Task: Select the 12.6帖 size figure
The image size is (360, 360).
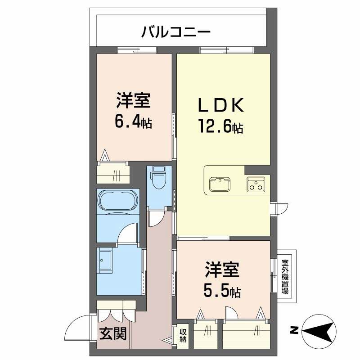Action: [221, 127]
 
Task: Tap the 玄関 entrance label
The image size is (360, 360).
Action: [113, 333]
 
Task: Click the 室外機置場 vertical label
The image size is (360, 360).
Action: [285, 275]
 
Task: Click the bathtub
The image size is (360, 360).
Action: [118, 199]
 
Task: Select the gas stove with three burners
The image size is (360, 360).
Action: [255, 184]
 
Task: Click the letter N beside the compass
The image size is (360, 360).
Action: [293, 332]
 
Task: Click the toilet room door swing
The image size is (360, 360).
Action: [157, 218]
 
